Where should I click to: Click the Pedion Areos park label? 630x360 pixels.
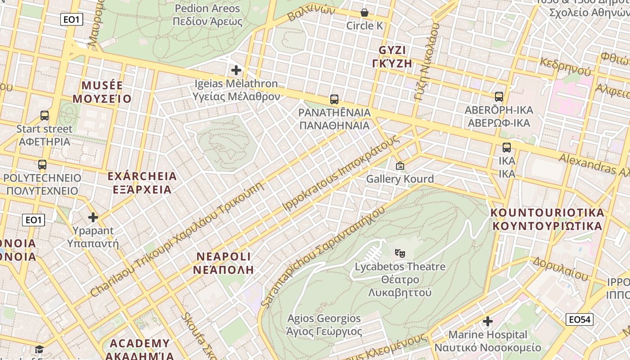click(x=207, y=15)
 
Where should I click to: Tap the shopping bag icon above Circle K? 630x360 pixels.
click(x=364, y=13)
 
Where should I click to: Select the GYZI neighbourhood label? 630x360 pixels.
click(x=392, y=56)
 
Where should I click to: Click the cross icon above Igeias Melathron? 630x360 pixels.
click(x=236, y=70)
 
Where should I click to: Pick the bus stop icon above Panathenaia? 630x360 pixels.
click(x=334, y=99)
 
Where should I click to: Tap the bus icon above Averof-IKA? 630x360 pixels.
click(x=499, y=97)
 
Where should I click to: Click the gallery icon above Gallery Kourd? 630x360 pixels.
click(x=400, y=166)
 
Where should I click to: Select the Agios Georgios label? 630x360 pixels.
click(x=324, y=325)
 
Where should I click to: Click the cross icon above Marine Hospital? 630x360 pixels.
click(x=488, y=321)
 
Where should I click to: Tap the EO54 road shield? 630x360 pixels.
click(x=580, y=319)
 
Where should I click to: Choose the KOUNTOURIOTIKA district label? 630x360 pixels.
click(x=547, y=219)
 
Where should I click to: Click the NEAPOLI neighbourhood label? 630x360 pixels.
click(x=224, y=263)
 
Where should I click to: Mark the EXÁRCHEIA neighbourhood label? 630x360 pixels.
click(x=142, y=182)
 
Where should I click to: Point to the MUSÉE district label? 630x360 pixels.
click(x=102, y=92)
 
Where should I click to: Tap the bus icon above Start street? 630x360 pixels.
click(x=45, y=116)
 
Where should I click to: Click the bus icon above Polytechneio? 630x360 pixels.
click(x=42, y=165)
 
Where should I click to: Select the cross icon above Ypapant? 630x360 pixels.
click(x=93, y=218)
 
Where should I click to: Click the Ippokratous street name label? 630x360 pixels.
click(x=340, y=173)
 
